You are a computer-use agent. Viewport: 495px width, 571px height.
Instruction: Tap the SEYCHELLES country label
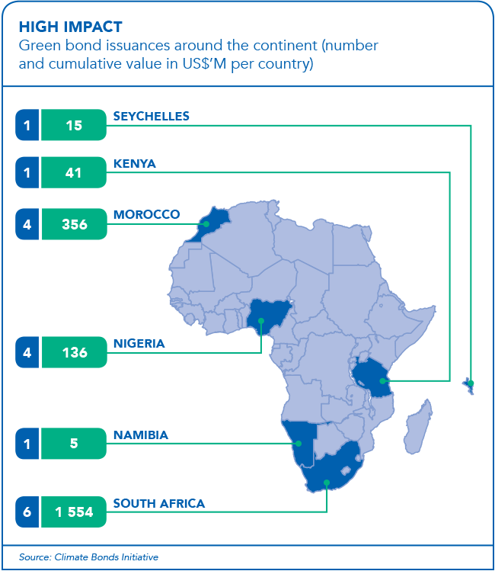(x=151, y=117)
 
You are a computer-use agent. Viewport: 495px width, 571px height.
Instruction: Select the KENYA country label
(x=135, y=164)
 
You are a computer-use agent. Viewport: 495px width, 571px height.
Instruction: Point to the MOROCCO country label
(x=146, y=214)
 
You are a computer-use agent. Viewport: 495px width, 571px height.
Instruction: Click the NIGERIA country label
(x=139, y=344)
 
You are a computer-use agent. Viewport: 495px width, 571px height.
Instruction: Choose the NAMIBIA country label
(x=141, y=435)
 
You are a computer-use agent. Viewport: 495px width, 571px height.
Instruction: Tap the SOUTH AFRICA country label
(x=159, y=503)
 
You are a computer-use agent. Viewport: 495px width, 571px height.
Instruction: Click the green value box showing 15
(x=74, y=126)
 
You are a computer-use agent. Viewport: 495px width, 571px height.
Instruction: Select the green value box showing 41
(x=74, y=173)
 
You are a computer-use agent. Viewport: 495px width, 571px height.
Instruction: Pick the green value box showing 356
(x=74, y=224)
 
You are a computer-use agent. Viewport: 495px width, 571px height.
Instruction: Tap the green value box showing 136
(x=74, y=353)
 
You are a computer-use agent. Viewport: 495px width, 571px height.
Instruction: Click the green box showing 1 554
(x=74, y=512)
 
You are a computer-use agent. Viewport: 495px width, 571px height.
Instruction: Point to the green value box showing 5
(x=74, y=444)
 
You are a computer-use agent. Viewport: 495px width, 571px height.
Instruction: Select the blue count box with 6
(x=27, y=512)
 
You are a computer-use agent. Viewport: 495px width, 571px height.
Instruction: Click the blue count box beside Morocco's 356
(x=27, y=224)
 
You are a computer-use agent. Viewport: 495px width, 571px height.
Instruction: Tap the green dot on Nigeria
(x=261, y=322)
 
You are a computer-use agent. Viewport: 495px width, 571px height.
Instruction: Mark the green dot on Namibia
(x=300, y=443)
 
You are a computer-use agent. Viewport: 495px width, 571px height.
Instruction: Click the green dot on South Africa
(x=327, y=482)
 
